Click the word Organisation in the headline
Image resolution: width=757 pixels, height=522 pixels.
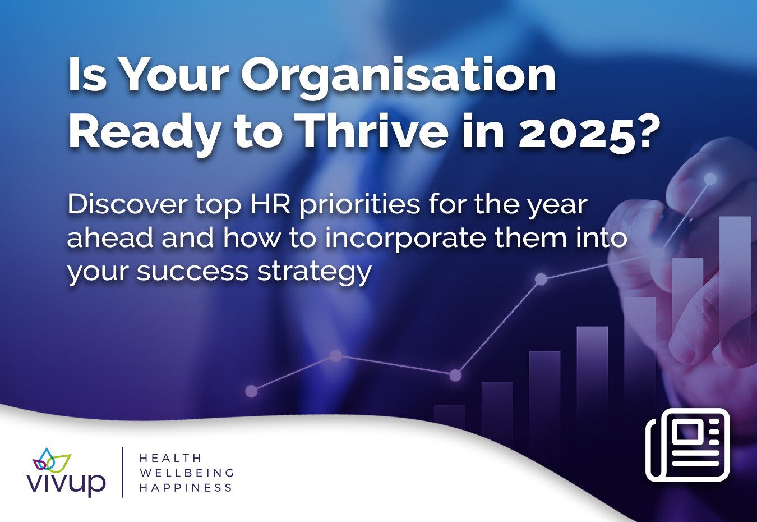coord(398,78)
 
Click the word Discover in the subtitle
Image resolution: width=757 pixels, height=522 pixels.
coord(127,204)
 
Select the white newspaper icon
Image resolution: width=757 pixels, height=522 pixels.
coord(687,445)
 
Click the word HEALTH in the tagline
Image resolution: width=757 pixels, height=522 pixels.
coord(170,458)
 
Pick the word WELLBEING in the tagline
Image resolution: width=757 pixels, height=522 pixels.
coord(187,473)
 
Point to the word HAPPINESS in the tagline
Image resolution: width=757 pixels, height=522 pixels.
coord(186,488)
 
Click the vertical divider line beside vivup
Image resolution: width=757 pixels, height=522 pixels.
coord(122,472)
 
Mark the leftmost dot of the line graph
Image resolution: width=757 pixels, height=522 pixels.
coord(251,391)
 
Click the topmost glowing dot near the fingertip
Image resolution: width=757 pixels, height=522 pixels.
coord(710,178)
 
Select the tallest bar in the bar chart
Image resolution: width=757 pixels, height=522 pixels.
coord(735,322)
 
